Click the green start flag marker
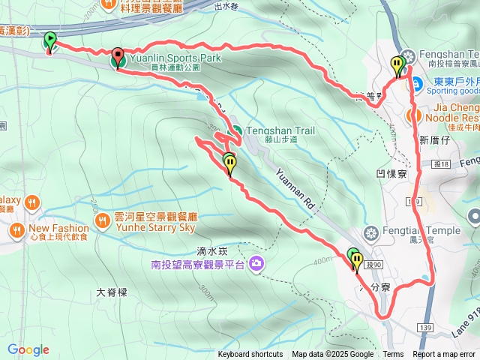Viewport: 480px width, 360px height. (x=49, y=40)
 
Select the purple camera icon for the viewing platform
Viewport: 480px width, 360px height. (x=257, y=263)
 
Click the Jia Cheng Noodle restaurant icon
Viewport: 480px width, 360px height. (x=412, y=115)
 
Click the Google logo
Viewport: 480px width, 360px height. (x=28, y=349)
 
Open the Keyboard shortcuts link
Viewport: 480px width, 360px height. (x=250, y=355)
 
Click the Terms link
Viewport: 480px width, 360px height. (x=393, y=355)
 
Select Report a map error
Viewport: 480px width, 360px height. (x=444, y=355)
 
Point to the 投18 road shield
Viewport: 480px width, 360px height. (x=439, y=163)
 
